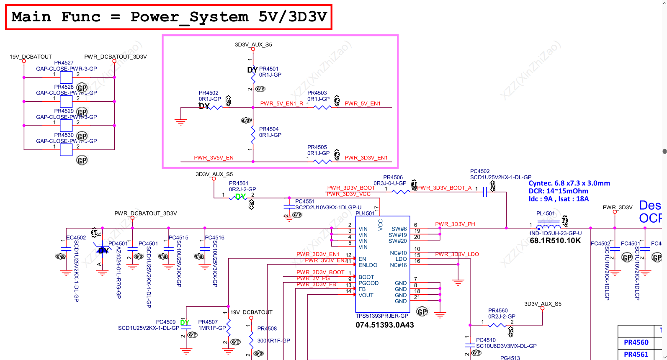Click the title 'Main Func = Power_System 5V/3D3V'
coord(169,17)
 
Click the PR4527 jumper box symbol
coord(66,77)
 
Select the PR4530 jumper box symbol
coord(66,149)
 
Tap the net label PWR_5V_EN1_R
coord(281,103)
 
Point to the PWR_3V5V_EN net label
coord(214,158)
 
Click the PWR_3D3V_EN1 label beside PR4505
coord(366,158)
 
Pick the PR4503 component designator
coord(317,93)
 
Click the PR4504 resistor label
coord(269,129)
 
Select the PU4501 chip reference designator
coord(365,213)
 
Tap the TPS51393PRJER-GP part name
coord(382,316)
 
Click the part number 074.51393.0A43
coord(385,325)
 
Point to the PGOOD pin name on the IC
coord(368,283)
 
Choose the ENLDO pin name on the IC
coord(368,265)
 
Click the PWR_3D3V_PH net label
coord(455,224)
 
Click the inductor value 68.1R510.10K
coord(555,241)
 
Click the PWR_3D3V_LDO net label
coord(457,254)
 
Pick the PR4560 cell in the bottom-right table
coord(636,342)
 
